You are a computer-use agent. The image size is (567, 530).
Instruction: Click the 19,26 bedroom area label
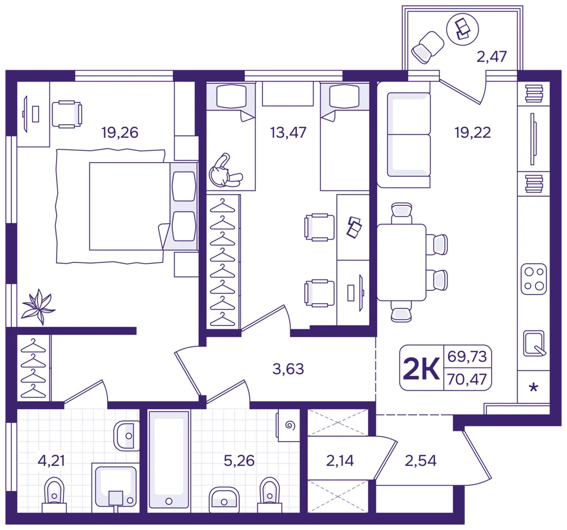click(120, 133)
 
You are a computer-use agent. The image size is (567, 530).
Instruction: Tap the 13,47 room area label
click(288, 133)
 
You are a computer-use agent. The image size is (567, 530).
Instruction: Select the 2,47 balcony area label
click(492, 57)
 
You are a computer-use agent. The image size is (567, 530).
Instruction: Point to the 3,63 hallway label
click(288, 369)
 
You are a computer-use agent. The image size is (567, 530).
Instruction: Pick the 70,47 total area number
click(467, 379)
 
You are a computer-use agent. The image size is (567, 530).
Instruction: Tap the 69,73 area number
click(467, 357)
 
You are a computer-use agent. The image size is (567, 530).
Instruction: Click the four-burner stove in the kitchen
click(534, 279)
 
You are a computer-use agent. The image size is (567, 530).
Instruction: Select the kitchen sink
click(534, 344)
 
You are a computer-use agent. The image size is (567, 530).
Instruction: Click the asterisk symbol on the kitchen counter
click(534, 388)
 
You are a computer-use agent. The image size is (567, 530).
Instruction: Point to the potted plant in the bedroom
click(38, 307)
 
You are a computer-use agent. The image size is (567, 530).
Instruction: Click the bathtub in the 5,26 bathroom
click(169, 461)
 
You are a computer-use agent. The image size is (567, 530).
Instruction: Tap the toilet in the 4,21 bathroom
click(54, 495)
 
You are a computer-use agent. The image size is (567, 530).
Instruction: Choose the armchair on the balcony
click(428, 47)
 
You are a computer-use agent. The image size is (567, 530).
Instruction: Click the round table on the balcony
click(463, 29)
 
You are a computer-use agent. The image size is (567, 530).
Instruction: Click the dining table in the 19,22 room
click(401, 262)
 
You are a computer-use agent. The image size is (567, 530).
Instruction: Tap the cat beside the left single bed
click(225, 171)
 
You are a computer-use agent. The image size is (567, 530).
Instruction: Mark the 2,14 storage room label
click(340, 461)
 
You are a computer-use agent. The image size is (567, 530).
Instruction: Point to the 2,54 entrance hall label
click(421, 461)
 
